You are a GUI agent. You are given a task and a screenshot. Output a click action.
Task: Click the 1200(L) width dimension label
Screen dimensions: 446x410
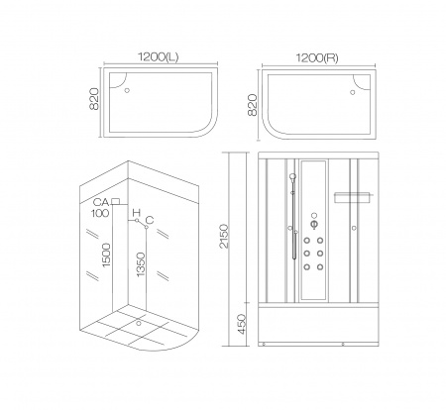[x=159, y=57]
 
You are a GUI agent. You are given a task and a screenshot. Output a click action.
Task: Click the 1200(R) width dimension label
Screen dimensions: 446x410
[x=317, y=58]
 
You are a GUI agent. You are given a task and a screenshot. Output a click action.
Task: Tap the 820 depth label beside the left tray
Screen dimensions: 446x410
[x=94, y=99]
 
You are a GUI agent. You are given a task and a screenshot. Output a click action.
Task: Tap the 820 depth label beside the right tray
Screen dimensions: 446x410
[x=253, y=105]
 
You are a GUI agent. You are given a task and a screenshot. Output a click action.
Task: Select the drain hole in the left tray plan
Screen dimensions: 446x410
[x=127, y=90]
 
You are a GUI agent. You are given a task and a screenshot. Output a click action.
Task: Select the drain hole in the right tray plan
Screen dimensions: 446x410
[x=353, y=92]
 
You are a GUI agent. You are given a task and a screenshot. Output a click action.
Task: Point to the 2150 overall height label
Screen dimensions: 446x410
[x=224, y=236]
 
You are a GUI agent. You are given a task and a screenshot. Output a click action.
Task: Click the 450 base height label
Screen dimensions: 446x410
[x=242, y=324]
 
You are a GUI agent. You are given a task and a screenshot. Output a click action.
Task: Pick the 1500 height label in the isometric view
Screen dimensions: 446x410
[x=106, y=255]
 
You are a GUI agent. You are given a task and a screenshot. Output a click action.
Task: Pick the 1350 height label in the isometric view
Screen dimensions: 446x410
[x=141, y=264]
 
